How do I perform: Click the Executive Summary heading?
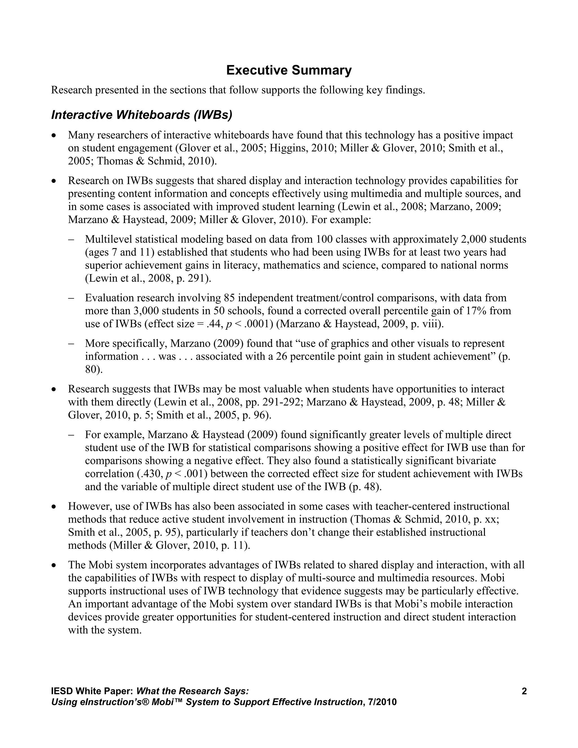click(x=289, y=70)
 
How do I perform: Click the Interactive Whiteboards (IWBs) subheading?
click(x=141, y=115)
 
